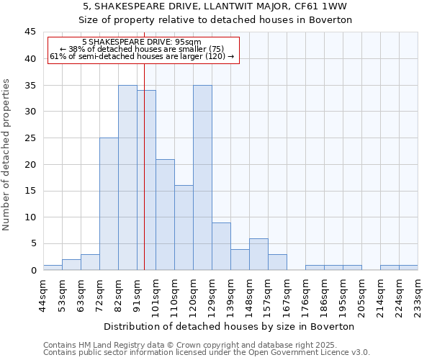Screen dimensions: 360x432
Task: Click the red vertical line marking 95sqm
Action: (144, 180)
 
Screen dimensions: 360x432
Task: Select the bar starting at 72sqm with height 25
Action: (109, 204)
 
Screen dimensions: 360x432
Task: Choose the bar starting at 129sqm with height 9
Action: (221, 246)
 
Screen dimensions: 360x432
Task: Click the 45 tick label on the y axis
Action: (30, 32)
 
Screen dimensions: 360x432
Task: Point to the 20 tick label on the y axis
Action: (30, 164)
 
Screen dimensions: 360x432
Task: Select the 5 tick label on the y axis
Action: (33, 243)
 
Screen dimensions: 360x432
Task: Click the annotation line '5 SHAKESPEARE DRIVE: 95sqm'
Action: (142, 42)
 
